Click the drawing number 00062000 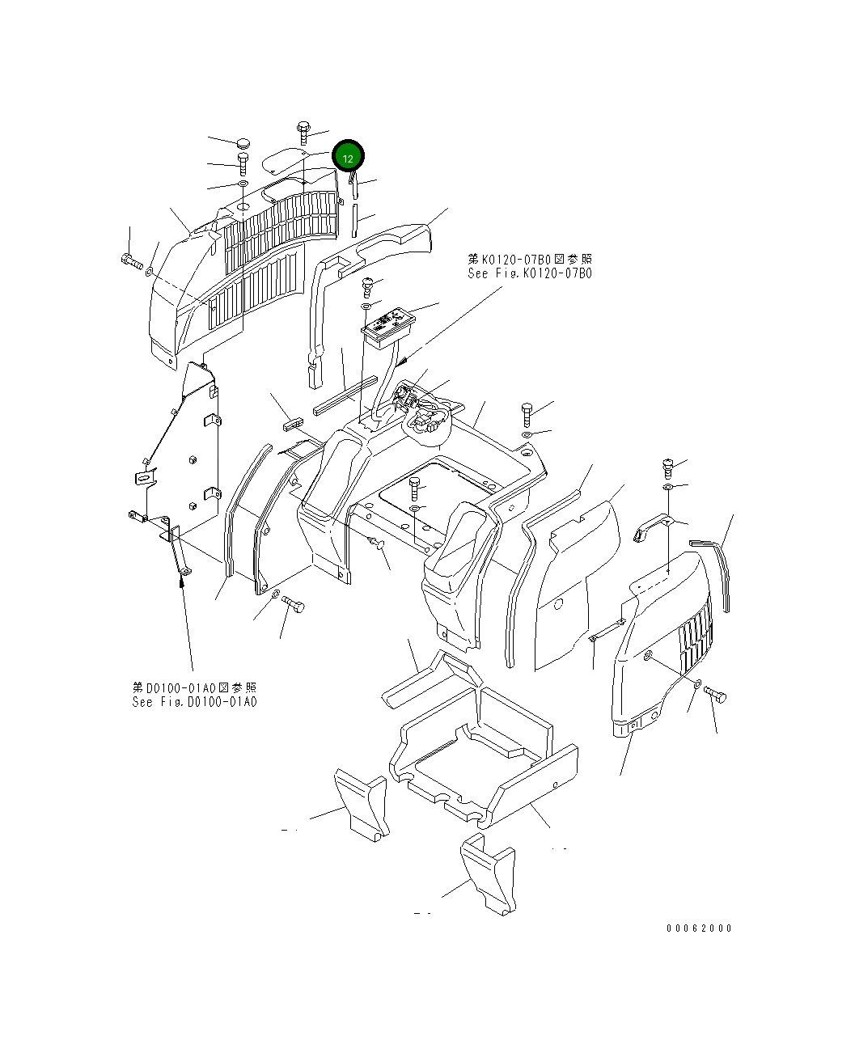tap(699, 928)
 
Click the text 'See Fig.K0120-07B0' tap(529, 273)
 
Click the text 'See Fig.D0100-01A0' tap(194, 701)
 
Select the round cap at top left tap(243, 143)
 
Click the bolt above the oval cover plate tap(303, 132)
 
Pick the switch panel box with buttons tap(389, 325)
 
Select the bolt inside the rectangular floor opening tap(415, 488)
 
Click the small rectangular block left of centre tap(292, 422)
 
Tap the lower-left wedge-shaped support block tap(361, 803)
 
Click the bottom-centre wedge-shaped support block tap(487, 876)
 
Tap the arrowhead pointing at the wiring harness tap(400, 368)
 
